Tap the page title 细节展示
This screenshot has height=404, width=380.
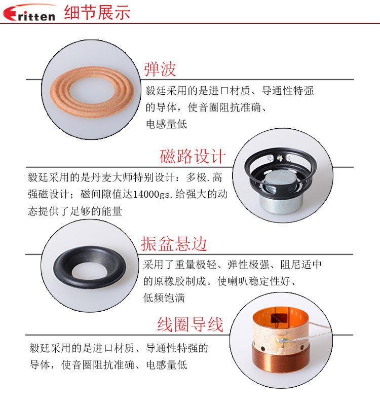[97, 12]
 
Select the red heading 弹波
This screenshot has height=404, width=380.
[160, 69]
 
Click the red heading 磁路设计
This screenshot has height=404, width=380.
[193, 156]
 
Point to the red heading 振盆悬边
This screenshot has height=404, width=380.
[174, 244]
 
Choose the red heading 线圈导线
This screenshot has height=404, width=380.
[190, 324]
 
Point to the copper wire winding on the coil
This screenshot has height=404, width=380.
[281, 358]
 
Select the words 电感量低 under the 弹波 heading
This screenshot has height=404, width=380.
[167, 124]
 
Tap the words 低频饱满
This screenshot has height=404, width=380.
[164, 298]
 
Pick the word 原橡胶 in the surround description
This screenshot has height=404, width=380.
[170, 281]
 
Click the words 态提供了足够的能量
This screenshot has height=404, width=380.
[75, 211]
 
